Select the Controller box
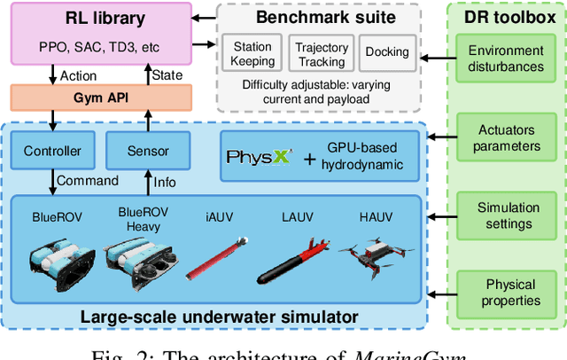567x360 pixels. (51, 151)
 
